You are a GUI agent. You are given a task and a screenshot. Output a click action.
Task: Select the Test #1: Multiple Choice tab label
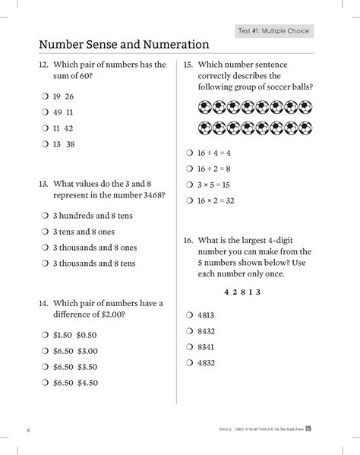(274, 31)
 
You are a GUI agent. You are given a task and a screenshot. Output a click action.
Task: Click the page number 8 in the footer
(28, 431)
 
